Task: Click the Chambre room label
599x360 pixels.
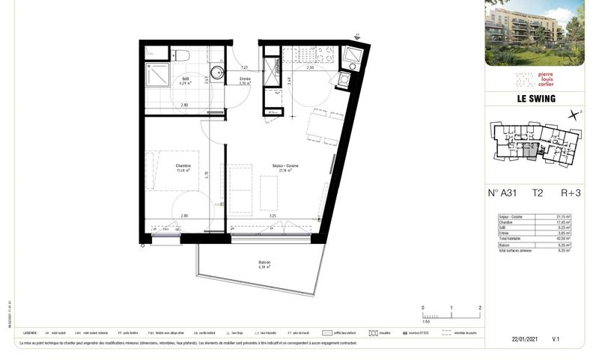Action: click(x=183, y=166)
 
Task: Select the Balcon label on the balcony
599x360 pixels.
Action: click(x=264, y=263)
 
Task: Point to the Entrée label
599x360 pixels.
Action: click(x=245, y=79)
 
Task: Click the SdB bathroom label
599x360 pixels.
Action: click(x=185, y=79)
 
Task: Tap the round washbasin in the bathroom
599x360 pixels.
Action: click(x=216, y=72)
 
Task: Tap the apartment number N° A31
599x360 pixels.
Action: click(x=502, y=192)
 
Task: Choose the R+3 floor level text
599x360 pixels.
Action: click(x=571, y=192)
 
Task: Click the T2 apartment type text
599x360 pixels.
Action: click(x=538, y=192)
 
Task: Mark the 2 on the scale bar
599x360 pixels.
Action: click(x=479, y=308)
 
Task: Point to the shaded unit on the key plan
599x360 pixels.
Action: click(x=530, y=151)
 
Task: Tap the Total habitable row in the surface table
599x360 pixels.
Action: click(x=534, y=237)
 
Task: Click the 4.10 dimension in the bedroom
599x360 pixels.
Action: click(x=207, y=174)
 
